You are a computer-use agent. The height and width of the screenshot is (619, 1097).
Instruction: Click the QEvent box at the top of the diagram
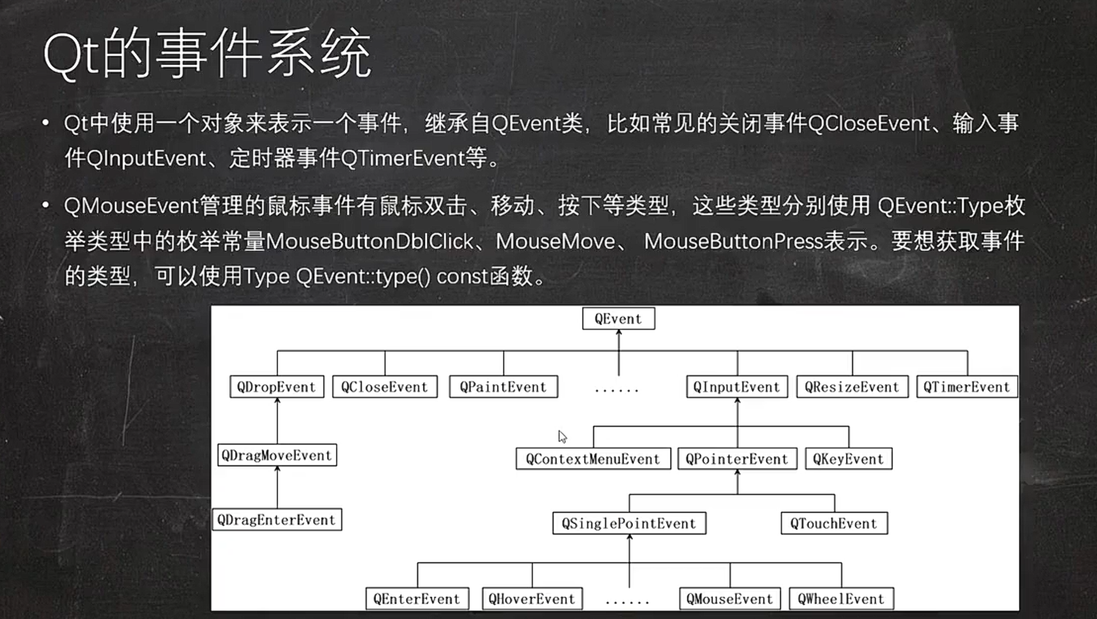[x=618, y=319]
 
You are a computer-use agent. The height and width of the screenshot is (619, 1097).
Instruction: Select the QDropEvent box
[x=277, y=387]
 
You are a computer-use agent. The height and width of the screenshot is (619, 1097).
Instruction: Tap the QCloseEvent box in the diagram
[x=385, y=387]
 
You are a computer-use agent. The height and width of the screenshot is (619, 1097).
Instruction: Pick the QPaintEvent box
[x=503, y=387]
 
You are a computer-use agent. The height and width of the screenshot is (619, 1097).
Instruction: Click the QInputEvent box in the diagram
[x=737, y=387]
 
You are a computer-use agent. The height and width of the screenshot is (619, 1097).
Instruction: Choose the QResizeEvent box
[x=852, y=387]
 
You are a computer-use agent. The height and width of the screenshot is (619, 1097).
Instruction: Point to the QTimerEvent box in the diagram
[x=967, y=387]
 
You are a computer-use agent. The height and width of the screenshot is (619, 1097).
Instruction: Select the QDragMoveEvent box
[x=277, y=455]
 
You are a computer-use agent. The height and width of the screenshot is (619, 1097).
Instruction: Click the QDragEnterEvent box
[x=277, y=520]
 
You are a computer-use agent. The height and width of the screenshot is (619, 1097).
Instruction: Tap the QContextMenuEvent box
[x=593, y=459]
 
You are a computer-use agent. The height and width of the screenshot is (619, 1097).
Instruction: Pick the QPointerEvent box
[x=737, y=459]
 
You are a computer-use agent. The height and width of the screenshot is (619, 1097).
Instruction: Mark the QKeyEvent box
[x=848, y=459]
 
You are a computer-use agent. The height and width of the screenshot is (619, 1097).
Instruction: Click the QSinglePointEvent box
[x=629, y=523]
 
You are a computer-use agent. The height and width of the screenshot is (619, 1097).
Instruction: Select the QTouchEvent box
[x=834, y=523]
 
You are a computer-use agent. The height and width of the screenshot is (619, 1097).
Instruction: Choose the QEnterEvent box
[x=417, y=599]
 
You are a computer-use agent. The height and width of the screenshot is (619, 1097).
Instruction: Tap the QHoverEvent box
[x=532, y=599]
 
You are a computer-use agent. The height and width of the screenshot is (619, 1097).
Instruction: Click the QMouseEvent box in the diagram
[x=730, y=599]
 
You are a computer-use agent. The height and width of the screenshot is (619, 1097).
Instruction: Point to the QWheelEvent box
[x=841, y=599]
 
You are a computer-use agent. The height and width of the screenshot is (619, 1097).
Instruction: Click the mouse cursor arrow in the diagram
[x=562, y=437]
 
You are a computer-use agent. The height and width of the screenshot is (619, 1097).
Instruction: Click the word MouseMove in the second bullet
[x=555, y=241]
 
